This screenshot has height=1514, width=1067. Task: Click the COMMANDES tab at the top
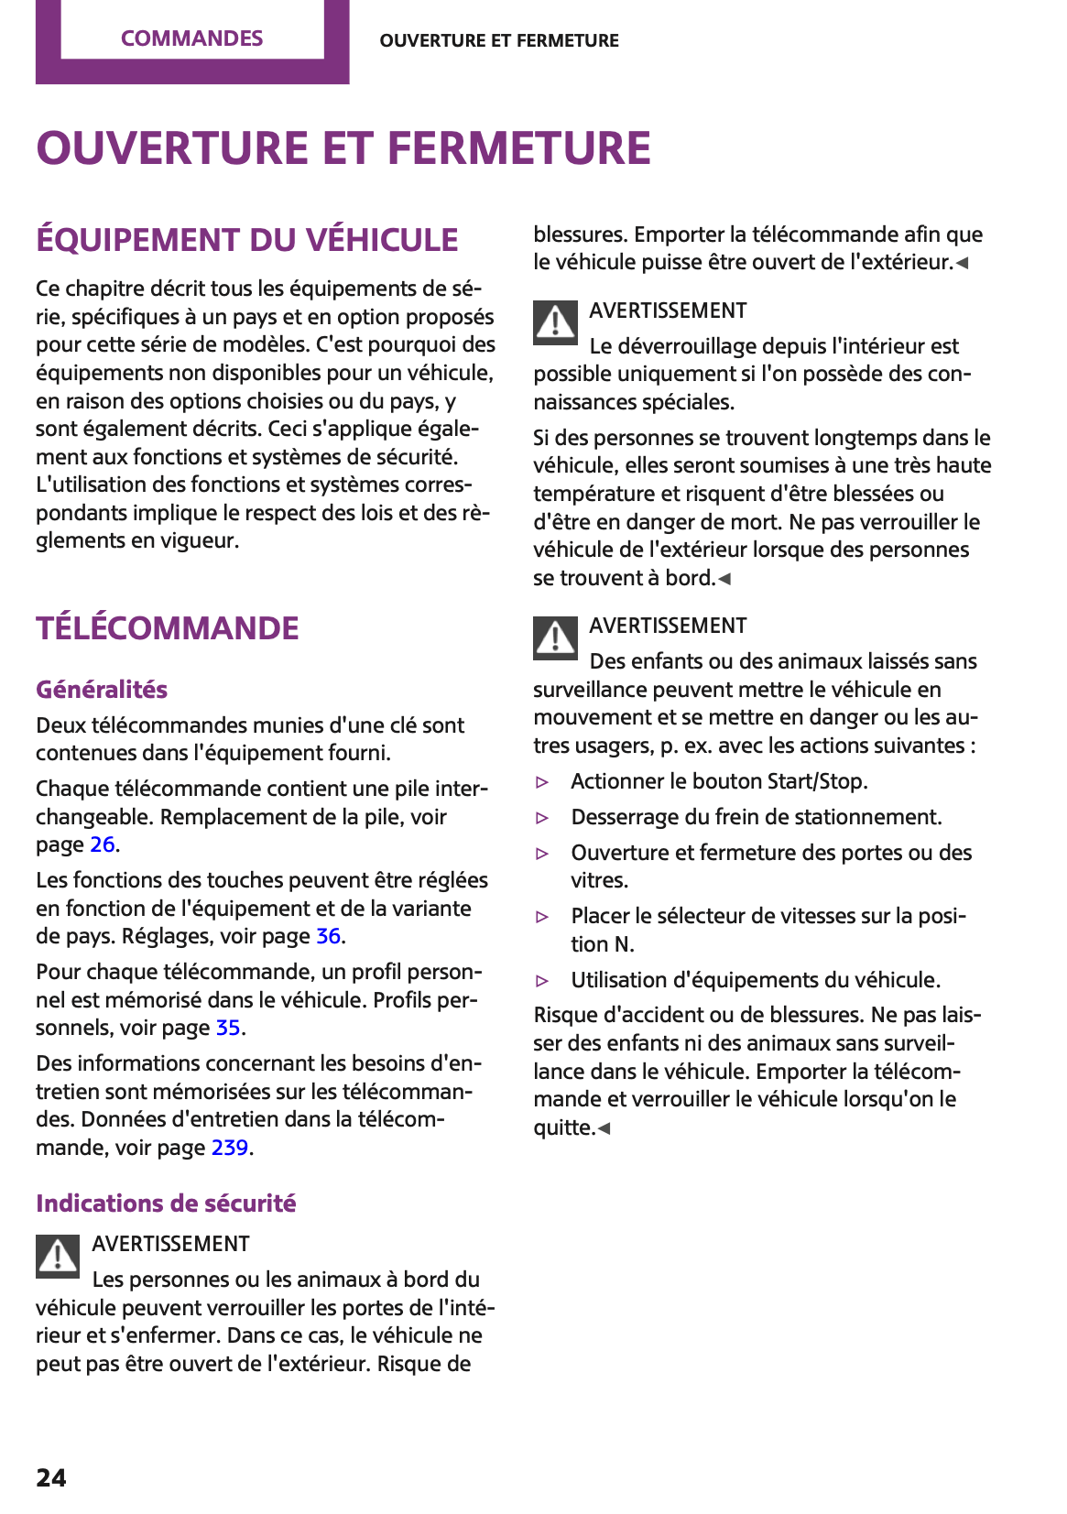[x=191, y=38]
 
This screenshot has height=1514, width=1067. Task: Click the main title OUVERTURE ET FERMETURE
[x=343, y=148]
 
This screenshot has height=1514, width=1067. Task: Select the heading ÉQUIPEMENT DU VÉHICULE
[x=246, y=240]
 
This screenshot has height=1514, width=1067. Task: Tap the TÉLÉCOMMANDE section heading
[x=168, y=628]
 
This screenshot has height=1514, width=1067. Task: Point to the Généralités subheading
[x=102, y=690]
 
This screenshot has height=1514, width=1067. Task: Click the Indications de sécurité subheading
[x=166, y=1204]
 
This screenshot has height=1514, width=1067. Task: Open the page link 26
[x=103, y=844]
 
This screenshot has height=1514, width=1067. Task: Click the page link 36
[x=328, y=936]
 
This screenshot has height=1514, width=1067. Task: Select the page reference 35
[x=228, y=1028]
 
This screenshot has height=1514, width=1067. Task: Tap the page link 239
[x=230, y=1148]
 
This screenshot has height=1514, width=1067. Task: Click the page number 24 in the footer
[x=51, y=1477]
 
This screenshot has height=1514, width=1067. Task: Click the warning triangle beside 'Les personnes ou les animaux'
[x=58, y=1256]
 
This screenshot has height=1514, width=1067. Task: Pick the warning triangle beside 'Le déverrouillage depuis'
[x=555, y=322]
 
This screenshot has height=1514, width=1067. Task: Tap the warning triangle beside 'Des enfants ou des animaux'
[x=555, y=637]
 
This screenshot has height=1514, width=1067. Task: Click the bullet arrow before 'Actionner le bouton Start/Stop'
[x=542, y=782]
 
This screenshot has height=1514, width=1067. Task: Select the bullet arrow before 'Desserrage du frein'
[x=542, y=818]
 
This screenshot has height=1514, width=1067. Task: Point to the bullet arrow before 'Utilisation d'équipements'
[x=542, y=981]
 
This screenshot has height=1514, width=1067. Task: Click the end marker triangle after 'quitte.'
[x=604, y=1128]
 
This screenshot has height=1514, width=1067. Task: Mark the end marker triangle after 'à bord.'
[x=724, y=579]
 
